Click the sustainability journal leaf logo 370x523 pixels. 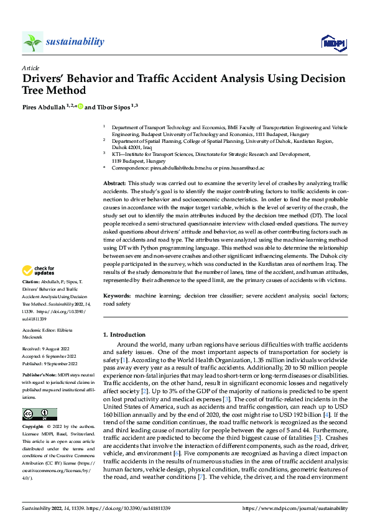click(32, 42)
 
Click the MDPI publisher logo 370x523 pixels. click(333, 42)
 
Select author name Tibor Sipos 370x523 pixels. click(111, 106)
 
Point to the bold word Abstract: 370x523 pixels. click(114, 184)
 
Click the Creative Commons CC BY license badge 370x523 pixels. click(39, 414)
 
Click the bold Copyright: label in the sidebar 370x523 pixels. click(34, 427)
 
